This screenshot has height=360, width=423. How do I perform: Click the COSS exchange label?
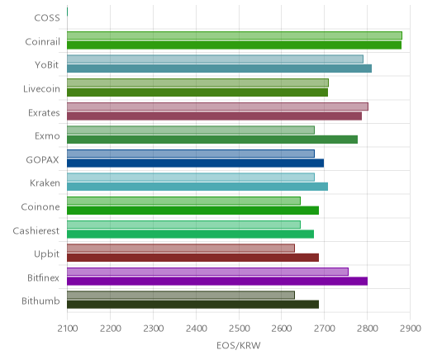pyautogui.click(x=47, y=18)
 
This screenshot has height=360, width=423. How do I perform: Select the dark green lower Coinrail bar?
pyautogui.click(x=234, y=45)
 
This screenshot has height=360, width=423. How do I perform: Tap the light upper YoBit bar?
pyautogui.click(x=215, y=59)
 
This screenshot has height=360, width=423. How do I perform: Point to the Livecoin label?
pyautogui.click(x=41, y=89)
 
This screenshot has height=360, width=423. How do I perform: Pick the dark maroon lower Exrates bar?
pyautogui.click(x=214, y=116)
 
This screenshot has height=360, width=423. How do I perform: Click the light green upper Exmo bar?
pyautogui.click(x=191, y=130)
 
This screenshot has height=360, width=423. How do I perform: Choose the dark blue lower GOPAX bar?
pyautogui.click(x=195, y=163)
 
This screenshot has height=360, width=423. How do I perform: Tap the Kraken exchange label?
pyautogui.click(x=45, y=183)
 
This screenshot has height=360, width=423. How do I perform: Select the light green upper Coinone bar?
pyautogui.click(x=183, y=201)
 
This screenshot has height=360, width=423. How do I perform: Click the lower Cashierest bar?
pyautogui.click(x=190, y=234)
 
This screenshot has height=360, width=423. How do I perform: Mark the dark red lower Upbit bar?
pyautogui.click(x=192, y=258)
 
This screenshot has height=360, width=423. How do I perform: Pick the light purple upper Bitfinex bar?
pyautogui.click(x=207, y=272)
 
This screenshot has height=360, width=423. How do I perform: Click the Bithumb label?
pyautogui.click(x=40, y=301)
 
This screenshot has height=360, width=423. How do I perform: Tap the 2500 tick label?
pyautogui.click(x=239, y=329)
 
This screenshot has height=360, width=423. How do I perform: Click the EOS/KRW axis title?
pyautogui.click(x=239, y=346)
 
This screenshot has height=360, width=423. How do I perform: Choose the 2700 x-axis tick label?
pyautogui.click(x=325, y=329)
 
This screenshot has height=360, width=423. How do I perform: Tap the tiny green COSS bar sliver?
pyautogui.click(x=68, y=12)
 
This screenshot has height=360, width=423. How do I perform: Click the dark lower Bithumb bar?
pyautogui.click(x=192, y=305)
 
